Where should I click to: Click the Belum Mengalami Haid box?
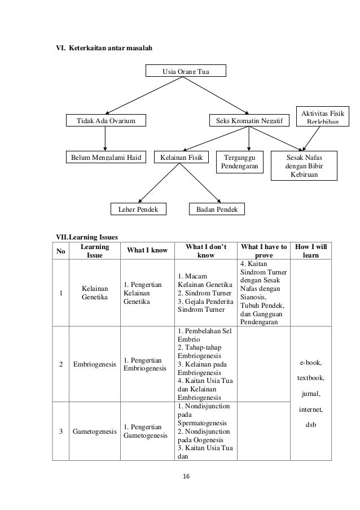(105, 156)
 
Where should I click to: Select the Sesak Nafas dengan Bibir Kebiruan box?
(304, 165)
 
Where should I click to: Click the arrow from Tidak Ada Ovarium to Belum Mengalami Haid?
(105, 138)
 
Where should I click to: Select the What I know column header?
(146, 251)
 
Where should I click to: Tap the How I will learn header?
(310, 251)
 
